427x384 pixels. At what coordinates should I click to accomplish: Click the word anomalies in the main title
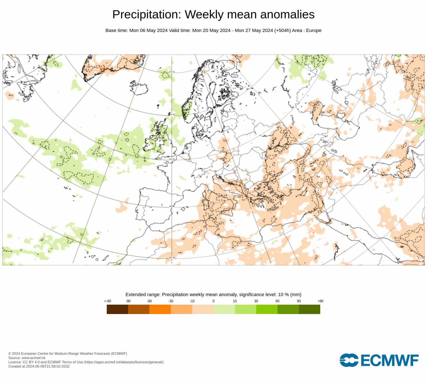(x=287, y=15)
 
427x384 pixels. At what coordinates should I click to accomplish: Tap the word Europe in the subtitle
(x=314, y=30)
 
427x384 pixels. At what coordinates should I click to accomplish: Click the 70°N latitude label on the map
(x=172, y=72)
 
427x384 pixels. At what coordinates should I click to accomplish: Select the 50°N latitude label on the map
(x=172, y=159)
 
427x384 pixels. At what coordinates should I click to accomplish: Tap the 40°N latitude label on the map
(x=172, y=206)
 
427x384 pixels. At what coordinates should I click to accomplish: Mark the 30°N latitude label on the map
(x=172, y=258)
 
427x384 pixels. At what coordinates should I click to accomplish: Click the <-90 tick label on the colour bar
(x=107, y=301)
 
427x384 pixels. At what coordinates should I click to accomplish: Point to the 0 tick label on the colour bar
(x=213, y=301)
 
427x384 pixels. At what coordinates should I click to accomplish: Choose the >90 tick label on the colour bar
(x=320, y=301)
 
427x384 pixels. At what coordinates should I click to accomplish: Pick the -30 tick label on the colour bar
(x=171, y=301)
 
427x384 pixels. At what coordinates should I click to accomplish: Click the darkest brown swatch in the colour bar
(x=117, y=309)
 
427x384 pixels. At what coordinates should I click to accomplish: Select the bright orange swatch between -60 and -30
(x=160, y=309)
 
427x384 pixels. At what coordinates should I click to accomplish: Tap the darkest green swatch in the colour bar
(x=310, y=309)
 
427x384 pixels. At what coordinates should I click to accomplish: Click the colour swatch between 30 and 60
(x=267, y=309)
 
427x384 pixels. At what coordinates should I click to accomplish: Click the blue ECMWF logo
(x=379, y=360)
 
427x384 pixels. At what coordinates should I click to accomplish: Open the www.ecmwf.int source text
(x=33, y=358)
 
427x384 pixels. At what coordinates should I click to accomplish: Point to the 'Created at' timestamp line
(x=39, y=366)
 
